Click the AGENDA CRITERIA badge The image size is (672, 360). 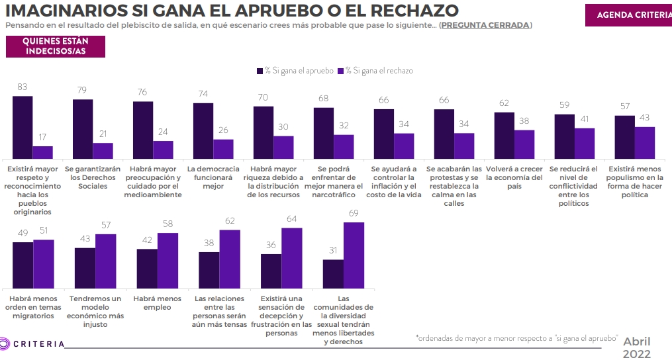point(628,15)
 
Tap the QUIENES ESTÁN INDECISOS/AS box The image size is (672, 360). point(56,46)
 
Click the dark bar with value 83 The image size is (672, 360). point(23,126)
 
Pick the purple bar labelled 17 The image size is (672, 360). point(43,152)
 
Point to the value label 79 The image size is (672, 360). point(83,90)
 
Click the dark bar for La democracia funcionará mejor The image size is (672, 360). point(203,130)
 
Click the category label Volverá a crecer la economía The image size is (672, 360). point(514,178)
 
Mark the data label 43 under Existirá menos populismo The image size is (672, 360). point(645,117)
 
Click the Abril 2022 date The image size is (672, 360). point(636,347)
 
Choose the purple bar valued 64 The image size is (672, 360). point(292,259)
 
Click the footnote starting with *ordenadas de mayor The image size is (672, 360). point(516,338)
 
